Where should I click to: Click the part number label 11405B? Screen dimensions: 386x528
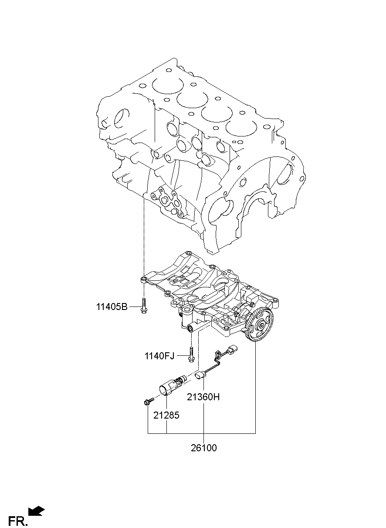tap(112, 307)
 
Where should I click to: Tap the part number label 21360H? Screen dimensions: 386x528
tap(203, 397)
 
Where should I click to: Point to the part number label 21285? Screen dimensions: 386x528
tap(166, 416)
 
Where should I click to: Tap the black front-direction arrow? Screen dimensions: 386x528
tap(36, 504)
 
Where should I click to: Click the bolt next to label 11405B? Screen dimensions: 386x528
tap(143, 306)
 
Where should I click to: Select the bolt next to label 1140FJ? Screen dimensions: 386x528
tap(191, 358)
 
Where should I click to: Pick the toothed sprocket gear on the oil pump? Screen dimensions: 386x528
tap(260, 326)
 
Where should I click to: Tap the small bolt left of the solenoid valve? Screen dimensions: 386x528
tap(149, 402)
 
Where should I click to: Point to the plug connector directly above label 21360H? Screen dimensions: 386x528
tap(200, 375)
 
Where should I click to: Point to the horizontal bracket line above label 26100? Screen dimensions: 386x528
tap(202, 433)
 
